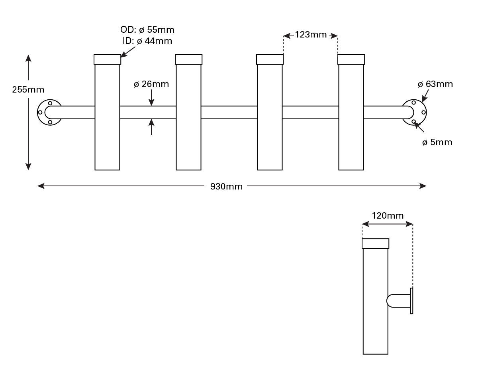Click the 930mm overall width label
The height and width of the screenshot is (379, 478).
[226, 186]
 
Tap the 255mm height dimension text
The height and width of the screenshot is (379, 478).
[28, 90]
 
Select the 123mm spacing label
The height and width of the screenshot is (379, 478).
[311, 35]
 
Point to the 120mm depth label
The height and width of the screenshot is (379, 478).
[388, 216]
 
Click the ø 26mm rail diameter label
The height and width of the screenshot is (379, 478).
[151, 84]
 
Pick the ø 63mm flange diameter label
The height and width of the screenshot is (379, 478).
[435, 84]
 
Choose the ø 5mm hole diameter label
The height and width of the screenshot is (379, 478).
[437, 142]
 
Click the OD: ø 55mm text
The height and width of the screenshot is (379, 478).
[147, 30]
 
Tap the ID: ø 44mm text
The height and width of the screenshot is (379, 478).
[147, 41]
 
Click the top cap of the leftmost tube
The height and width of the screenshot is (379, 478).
[107, 59]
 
